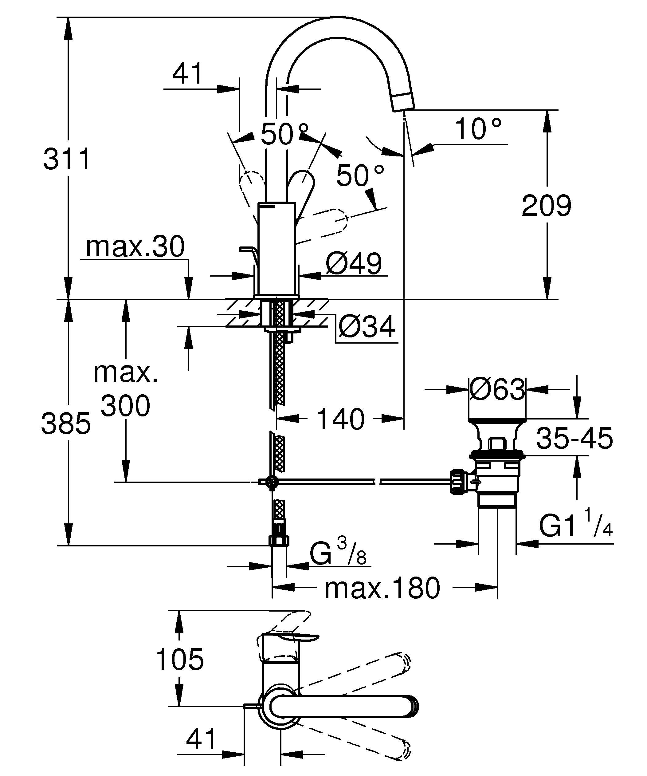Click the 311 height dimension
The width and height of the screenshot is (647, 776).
pyautogui.click(x=66, y=159)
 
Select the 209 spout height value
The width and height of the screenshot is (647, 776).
pyautogui.click(x=546, y=206)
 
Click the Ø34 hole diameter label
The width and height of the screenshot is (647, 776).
pyautogui.click(x=367, y=327)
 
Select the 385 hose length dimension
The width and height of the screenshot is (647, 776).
pyautogui.click(x=66, y=423)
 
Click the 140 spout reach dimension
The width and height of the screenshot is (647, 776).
pyautogui.click(x=340, y=420)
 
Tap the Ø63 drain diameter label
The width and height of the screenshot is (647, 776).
pyautogui.click(x=497, y=389)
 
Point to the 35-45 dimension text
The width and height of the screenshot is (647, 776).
pyautogui.click(x=574, y=438)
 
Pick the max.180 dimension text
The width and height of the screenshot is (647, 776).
pyautogui.click(x=382, y=589)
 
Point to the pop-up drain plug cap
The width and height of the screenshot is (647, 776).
pyautogui.click(x=497, y=420)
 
